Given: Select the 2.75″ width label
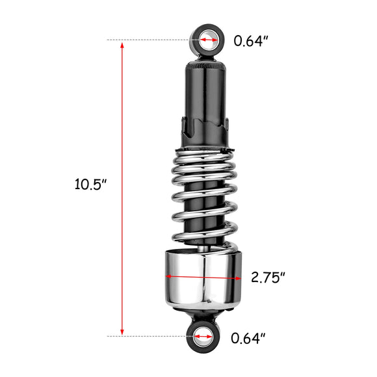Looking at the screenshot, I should [268, 277].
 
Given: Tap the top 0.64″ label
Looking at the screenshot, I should [251, 41].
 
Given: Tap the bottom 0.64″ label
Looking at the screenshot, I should [248, 338].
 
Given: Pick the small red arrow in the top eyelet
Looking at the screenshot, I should [209, 40].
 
